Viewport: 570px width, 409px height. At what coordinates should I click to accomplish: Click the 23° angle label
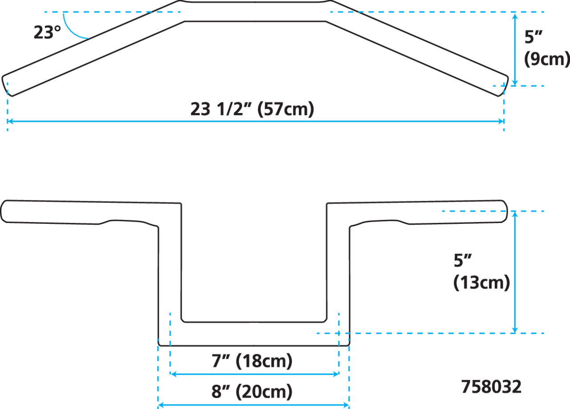47,32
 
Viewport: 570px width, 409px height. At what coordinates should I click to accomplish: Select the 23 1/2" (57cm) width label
252,109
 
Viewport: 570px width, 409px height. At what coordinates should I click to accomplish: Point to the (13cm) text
481,283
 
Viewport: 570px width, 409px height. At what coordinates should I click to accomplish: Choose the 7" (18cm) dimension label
252,361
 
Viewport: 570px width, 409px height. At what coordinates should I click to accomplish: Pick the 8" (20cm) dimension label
252,392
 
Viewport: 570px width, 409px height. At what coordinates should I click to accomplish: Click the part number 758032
491,387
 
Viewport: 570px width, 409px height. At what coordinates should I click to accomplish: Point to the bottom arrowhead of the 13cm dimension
515,330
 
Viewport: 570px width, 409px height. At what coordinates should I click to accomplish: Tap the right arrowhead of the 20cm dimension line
346,405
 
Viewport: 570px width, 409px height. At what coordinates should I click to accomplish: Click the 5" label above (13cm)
462,261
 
